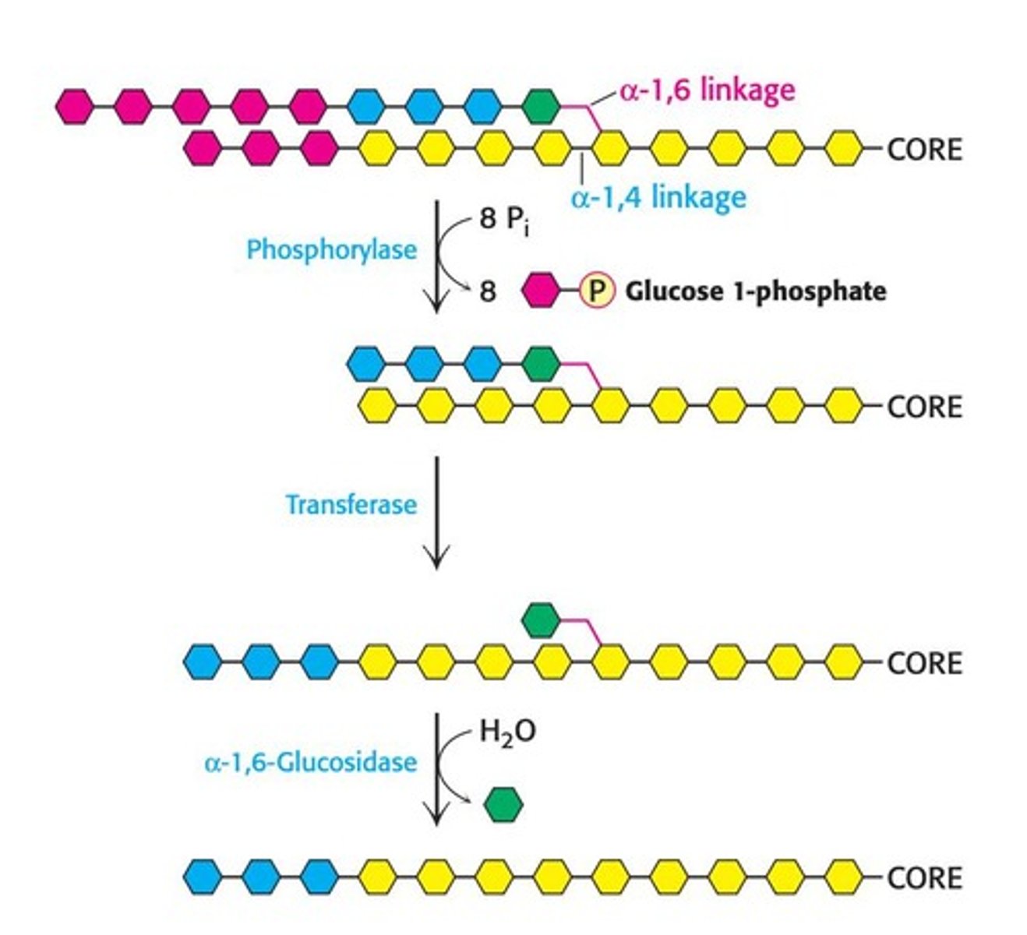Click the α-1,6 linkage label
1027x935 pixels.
click(x=707, y=90)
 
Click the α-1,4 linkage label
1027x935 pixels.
click(x=658, y=197)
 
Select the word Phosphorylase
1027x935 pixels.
click(x=331, y=250)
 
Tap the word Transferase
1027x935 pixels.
click(x=351, y=505)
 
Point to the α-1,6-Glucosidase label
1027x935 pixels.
click(x=310, y=761)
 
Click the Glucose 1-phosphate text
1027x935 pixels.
click(x=755, y=291)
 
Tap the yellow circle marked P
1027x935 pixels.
click(x=596, y=291)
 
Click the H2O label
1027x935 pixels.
click(x=507, y=732)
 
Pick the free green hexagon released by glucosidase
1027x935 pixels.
click(x=503, y=805)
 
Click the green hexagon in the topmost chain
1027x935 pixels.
click(x=541, y=106)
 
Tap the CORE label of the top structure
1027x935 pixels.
click(x=924, y=149)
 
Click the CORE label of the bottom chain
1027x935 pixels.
click(x=924, y=878)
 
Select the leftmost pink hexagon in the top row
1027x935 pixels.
click(x=76, y=106)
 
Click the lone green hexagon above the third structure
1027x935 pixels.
click(x=541, y=620)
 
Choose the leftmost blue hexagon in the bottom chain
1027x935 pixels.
click(x=203, y=877)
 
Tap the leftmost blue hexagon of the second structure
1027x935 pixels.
click(x=366, y=362)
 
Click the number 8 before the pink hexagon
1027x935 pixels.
click(x=487, y=291)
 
